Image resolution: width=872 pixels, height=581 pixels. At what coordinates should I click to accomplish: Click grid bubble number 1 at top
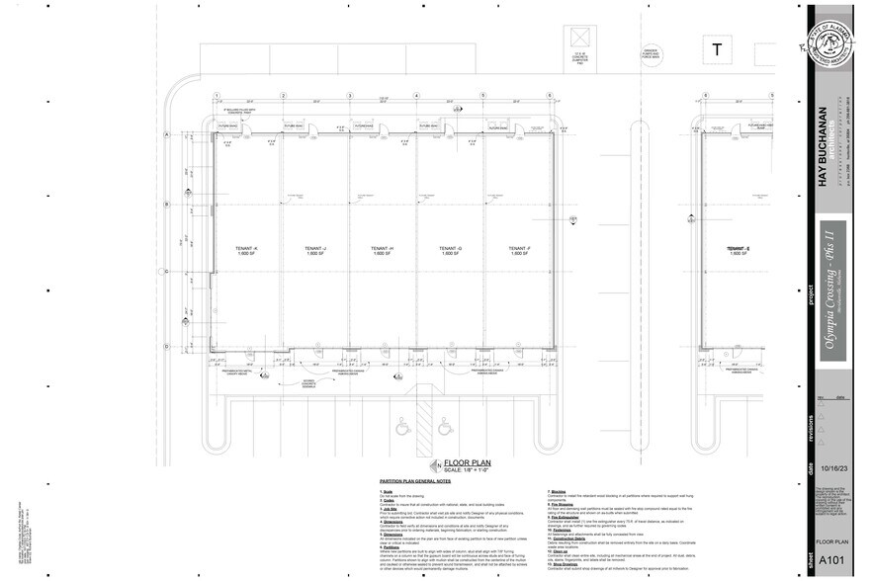pos(216,96)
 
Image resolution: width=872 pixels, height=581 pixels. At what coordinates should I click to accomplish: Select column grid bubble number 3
pos(349,96)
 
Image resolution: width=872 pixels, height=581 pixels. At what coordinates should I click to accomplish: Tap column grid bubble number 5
pos(483,96)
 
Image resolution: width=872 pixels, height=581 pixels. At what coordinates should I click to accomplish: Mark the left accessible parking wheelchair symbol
pos(401,429)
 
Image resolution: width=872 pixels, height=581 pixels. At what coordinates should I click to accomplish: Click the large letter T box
pos(715,49)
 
